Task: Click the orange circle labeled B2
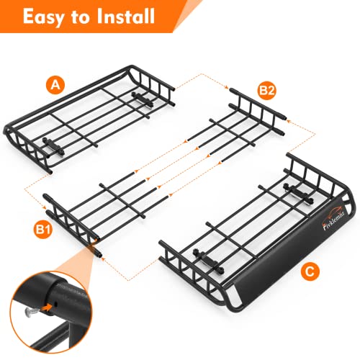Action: [x=266, y=91]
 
